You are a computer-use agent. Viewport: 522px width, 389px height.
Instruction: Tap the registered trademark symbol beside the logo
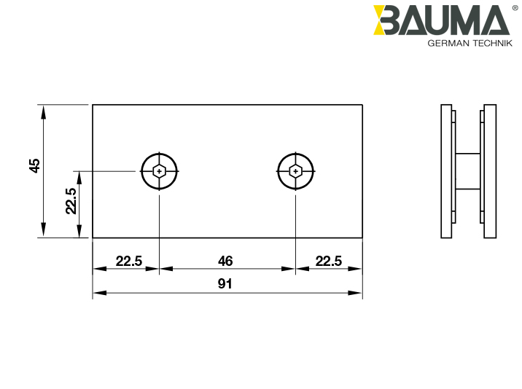click(515, 7)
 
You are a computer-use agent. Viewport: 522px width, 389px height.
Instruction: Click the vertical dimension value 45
click(34, 166)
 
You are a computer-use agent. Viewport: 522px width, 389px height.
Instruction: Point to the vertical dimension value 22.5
click(71, 201)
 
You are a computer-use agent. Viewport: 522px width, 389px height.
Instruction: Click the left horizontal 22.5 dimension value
click(128, 261)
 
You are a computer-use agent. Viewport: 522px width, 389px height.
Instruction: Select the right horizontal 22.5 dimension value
click(328, 261)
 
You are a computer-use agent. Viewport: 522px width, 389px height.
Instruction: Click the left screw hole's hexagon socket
click(160, 171)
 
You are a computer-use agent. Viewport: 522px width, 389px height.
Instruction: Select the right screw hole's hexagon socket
click(295, 171)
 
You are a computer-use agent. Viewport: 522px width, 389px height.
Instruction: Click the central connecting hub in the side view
click(468, 171)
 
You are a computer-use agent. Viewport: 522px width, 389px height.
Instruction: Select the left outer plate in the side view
click(445, 171)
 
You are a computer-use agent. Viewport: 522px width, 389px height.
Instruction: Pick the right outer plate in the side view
click(491, 171)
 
